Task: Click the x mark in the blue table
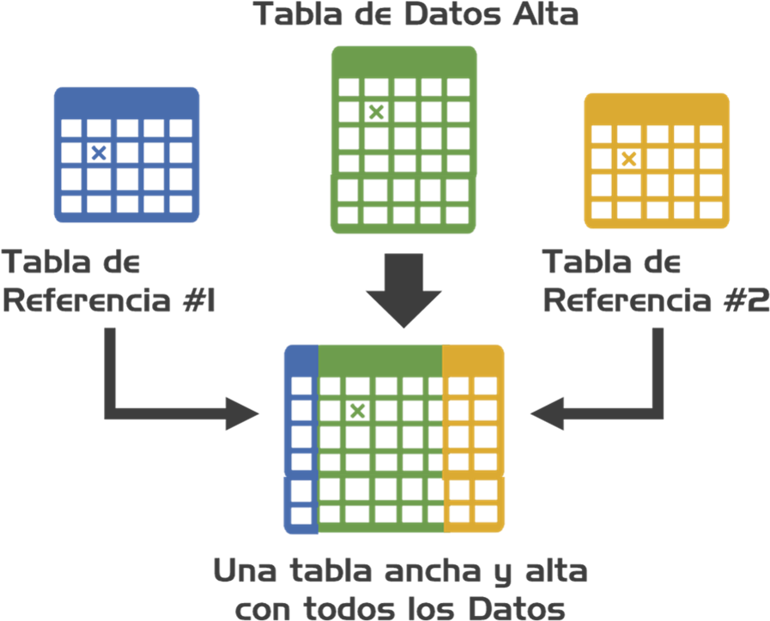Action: tap(99, 153)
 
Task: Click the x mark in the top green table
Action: tap(375, 112)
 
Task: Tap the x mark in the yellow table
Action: tap(628, 159)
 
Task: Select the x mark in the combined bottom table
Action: tap(358, 410)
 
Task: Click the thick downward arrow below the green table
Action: tap(403, 290)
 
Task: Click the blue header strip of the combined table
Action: tap(300, 359)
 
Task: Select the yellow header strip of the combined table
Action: tap(473, 359)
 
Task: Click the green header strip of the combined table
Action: tap(379, 359)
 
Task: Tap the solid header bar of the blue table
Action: tap(127, 101)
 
